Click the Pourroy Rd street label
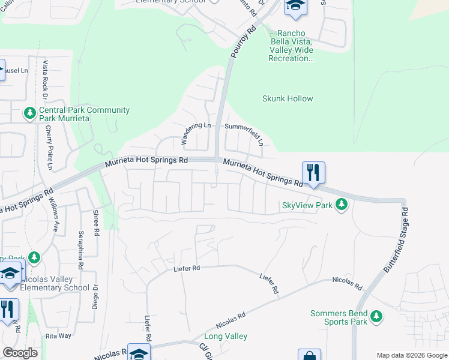pos(243,41)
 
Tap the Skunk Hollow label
pos(288,98)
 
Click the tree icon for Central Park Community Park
pos(29,112)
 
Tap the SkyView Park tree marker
pos(342,205)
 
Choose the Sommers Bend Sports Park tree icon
pos(376,316)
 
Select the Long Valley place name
pos(226,337)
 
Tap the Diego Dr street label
pos(95,295)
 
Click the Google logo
pos(20,353)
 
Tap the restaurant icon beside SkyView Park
pos(313,173)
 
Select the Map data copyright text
pos(412,355)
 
